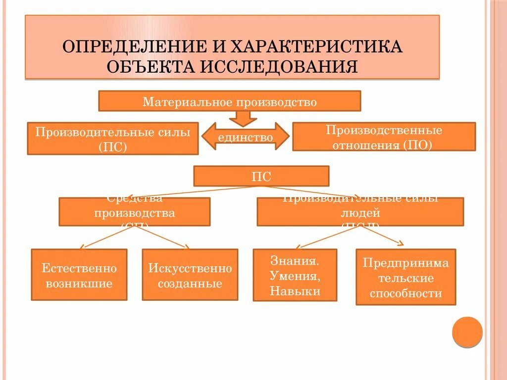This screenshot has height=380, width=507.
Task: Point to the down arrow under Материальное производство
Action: pos(243,118)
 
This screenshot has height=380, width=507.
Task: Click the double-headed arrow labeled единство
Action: pos(246,137)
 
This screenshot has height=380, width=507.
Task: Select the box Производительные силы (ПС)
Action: pos(113,139)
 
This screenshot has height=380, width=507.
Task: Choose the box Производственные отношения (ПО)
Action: pos(384,137)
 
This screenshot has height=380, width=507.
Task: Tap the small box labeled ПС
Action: pos(261,176)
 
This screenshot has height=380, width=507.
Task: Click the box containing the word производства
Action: pos(134,212)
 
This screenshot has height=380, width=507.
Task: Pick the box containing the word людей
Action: pos(360,212)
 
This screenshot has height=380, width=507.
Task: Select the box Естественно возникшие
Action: pos(79,275)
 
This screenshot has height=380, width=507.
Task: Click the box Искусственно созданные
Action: pos(190,275)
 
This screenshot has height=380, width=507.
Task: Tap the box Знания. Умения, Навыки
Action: pos(295,275)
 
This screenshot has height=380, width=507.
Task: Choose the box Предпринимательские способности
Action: pos(406,277)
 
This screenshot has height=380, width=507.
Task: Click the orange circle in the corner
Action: pos(467,332)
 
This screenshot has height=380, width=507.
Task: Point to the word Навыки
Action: pos(295,291)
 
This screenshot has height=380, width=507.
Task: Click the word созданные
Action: pos(190,284)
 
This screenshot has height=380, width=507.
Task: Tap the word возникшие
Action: pos(79,284)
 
